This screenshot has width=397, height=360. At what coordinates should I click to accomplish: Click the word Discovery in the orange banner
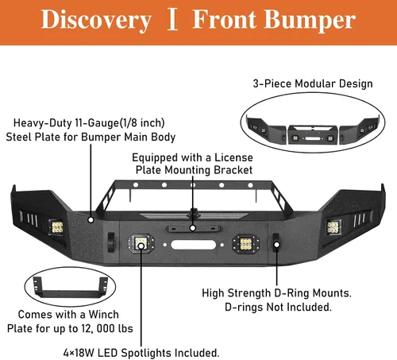[96, 20]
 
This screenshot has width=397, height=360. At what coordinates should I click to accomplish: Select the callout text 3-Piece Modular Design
[313, 83]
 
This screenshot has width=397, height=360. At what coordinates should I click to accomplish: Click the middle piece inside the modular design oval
[313, 134]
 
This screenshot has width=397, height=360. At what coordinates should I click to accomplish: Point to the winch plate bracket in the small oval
[71, 288]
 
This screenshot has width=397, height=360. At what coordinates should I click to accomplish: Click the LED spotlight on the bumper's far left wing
[56, 227]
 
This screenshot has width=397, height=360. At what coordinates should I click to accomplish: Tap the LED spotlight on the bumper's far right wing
[333, 227]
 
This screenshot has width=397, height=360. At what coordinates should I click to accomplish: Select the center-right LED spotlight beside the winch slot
[246, 244]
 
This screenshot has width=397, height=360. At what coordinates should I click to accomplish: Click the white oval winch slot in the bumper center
[194, 245]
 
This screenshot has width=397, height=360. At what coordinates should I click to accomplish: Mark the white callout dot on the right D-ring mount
[277, 245]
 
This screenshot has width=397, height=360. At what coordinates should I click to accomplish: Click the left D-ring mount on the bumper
[111, 242]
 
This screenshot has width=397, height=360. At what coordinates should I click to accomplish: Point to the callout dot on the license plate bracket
[193, 228]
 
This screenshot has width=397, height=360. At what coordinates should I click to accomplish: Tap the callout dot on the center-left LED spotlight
[141, 246]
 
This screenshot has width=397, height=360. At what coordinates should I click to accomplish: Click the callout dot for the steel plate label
[91, 219]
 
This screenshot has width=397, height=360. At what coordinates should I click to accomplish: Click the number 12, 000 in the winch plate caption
[98, 329]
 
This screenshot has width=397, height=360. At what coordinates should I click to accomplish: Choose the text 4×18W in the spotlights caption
[79, 353]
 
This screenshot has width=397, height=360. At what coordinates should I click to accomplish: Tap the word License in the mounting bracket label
[233, 157]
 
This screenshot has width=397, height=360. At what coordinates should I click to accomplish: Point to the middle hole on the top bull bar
[193, 184]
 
